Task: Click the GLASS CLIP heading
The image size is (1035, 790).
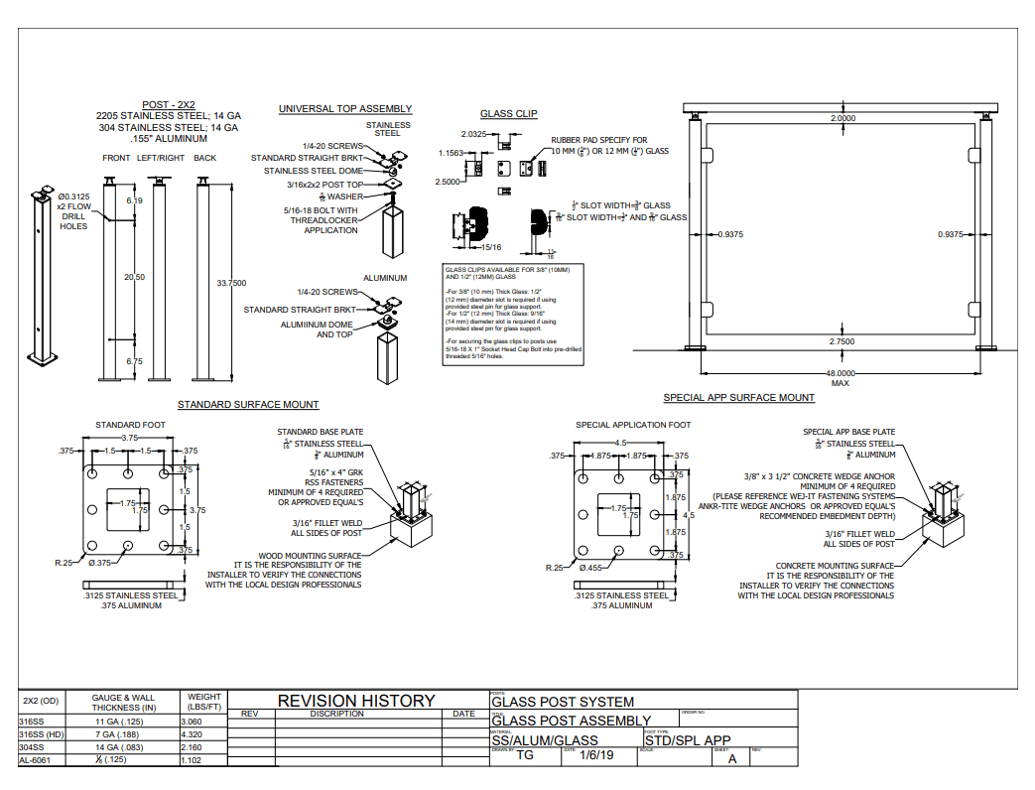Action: click(508, 114)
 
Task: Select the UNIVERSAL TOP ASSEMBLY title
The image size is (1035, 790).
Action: click(345, 109)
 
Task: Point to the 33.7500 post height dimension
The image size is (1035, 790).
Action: click(231, 283)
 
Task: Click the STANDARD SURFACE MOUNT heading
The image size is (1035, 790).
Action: click(248, 405)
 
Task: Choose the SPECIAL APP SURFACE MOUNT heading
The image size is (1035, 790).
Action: click(739, 398)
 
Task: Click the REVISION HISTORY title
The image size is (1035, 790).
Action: click(356, 701)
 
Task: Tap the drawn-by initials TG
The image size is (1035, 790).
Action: click(526, 756)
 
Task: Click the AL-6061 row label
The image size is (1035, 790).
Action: click(35, 760)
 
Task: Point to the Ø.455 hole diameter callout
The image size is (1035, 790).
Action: click(592, 568)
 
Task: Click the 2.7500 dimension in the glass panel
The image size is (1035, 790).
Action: click(841, 341)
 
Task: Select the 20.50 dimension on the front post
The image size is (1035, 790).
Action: click(134, 277)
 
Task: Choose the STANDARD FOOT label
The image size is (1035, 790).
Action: click(130, 425)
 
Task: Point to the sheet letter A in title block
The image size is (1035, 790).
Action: click(732, 759)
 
